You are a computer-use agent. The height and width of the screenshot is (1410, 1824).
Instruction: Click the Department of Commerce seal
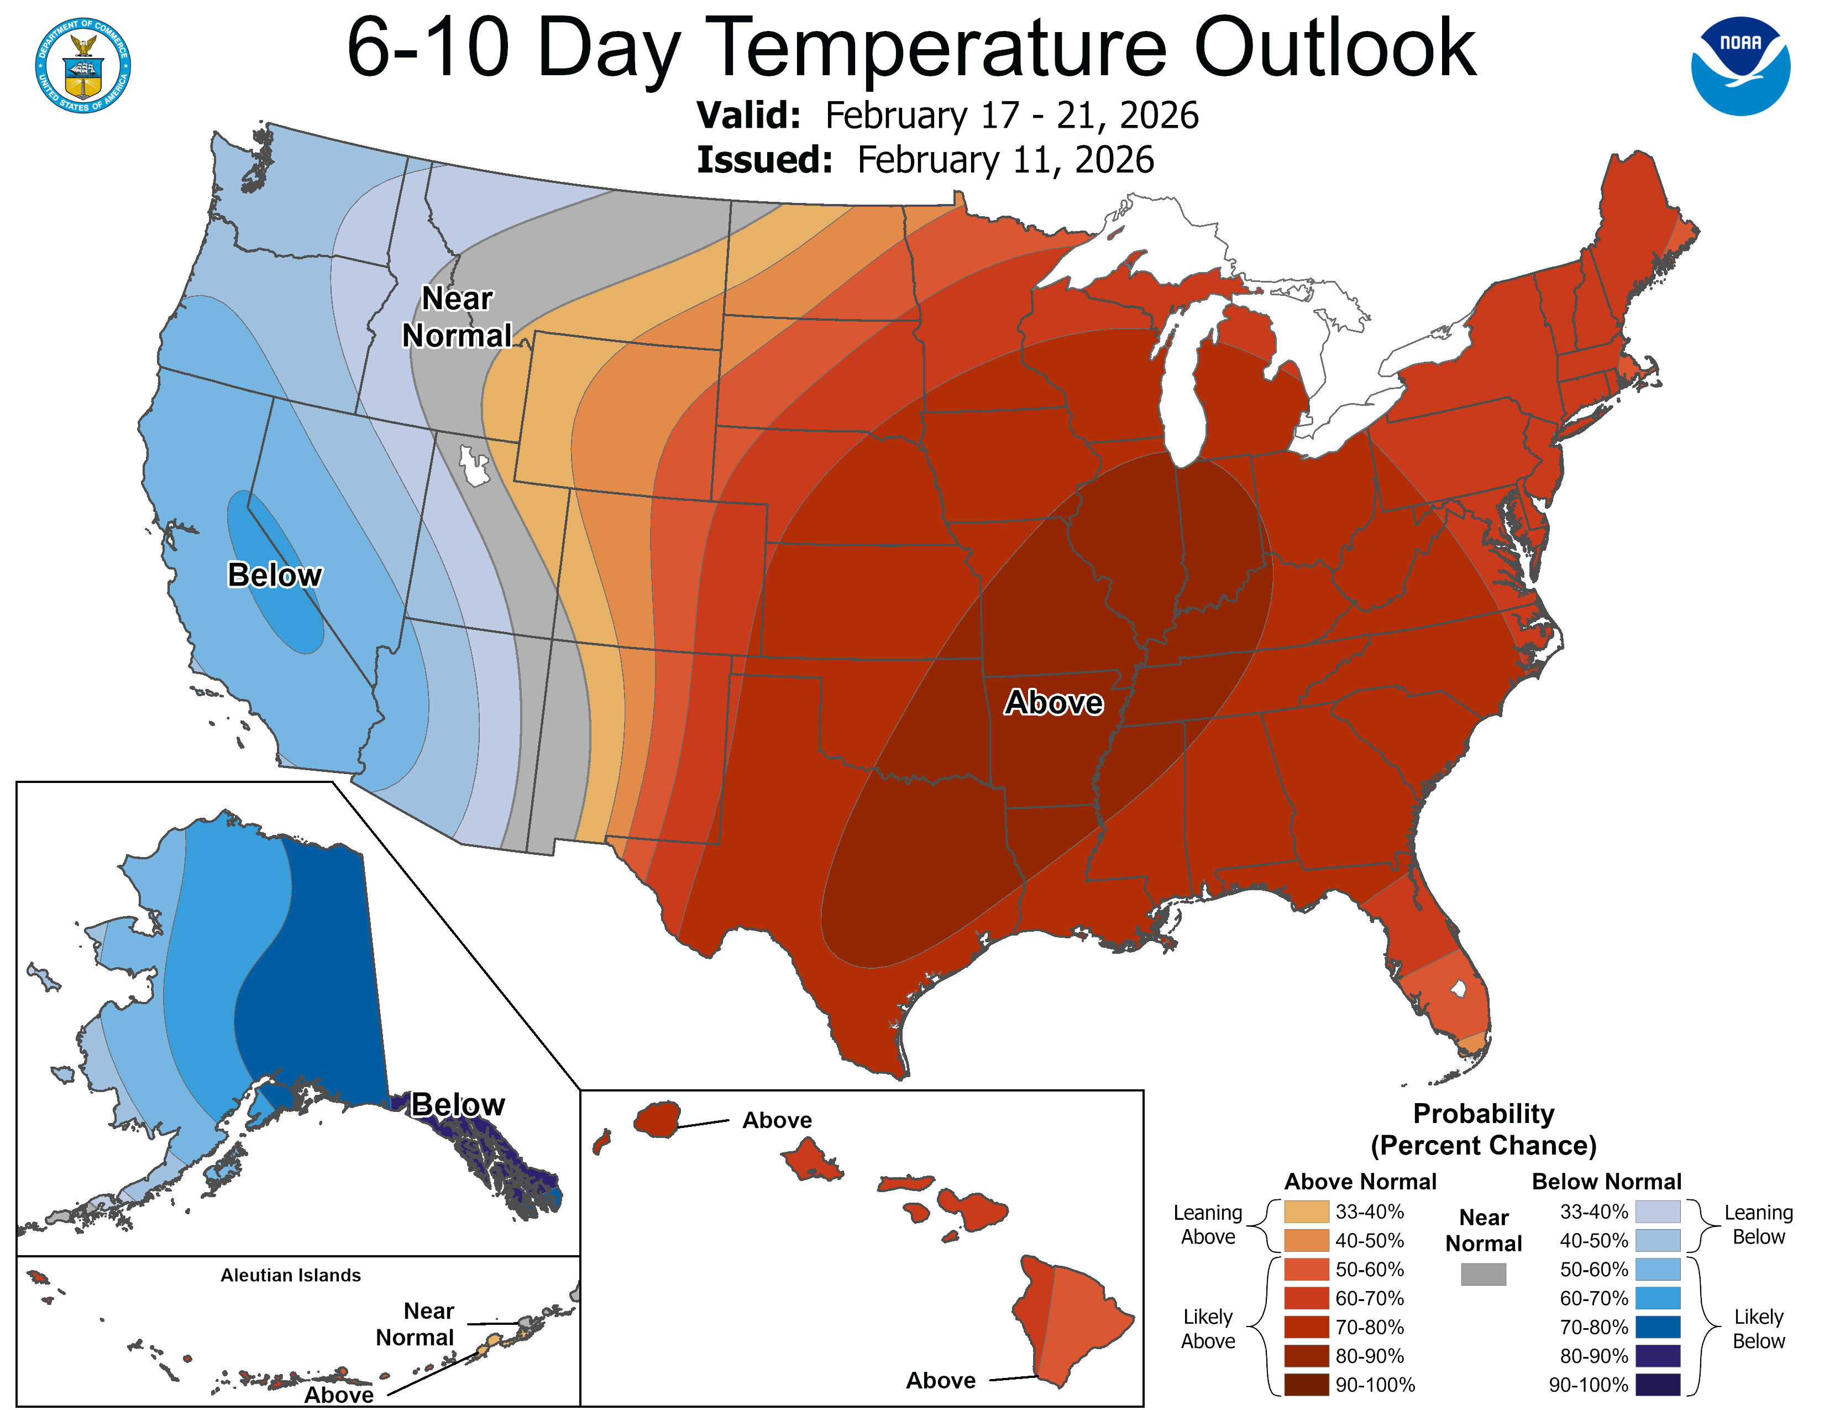pyautogui.click(x=83, y=66)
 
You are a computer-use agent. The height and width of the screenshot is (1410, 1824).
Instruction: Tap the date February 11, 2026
pyautogui.click(x=1005, y=160)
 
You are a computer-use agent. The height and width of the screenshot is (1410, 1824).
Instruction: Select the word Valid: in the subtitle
pyautogui.click(x=748, y=115)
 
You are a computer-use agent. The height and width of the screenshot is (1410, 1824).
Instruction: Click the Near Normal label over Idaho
pyautogui.click(x=457, y=317)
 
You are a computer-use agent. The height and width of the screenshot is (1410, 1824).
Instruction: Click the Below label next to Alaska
pyautogui.click(x=458, y=1104)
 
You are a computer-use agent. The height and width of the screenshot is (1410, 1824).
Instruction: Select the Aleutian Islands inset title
pyautogui.click(x=291, y=1275)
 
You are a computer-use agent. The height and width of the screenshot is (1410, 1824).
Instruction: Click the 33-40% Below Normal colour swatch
pyautogui.click(x=1657, y=1211)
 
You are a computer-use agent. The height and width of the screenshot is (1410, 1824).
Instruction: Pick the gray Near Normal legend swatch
pyautogui.click(x=1484, y=1274)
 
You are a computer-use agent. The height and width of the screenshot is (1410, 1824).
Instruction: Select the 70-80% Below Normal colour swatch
pyautogui.click(x=1657, y=1327)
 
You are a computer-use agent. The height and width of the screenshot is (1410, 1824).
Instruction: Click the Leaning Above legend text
pyautogui.click(x=1208, y=1225)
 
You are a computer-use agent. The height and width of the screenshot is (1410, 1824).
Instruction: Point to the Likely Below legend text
pyautogui.click(x=1758, y=1328)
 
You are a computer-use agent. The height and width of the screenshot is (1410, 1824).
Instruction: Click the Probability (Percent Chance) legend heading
pyautogui.click(x=1484, y=1129)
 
